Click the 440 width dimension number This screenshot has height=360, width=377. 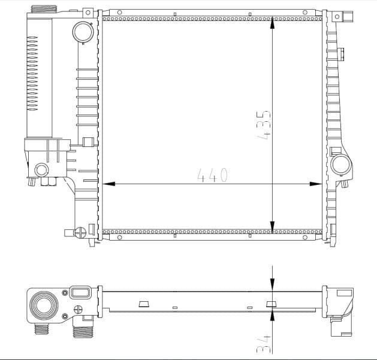[213, 175]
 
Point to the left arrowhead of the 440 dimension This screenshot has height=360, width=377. [108, 184]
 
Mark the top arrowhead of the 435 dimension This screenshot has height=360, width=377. [273, 22]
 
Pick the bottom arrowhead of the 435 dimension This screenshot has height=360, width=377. [273, 227]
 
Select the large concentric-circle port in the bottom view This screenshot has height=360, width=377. [45, 305]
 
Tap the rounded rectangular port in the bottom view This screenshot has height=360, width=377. [80, 293]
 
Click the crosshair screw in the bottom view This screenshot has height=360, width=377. [77, 310]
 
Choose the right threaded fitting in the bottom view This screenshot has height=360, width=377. [81, 331]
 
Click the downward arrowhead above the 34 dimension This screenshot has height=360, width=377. [273, 288]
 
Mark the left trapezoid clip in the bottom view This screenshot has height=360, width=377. [144, 304]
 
